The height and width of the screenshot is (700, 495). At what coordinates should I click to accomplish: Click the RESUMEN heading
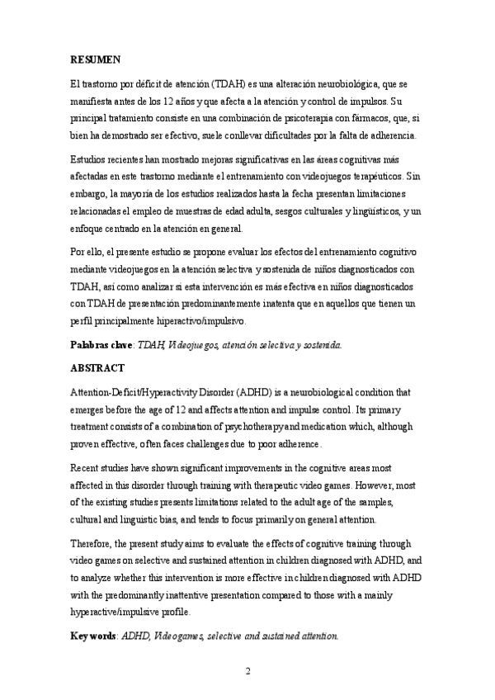96,59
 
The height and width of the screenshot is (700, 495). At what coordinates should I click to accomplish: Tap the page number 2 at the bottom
247,670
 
